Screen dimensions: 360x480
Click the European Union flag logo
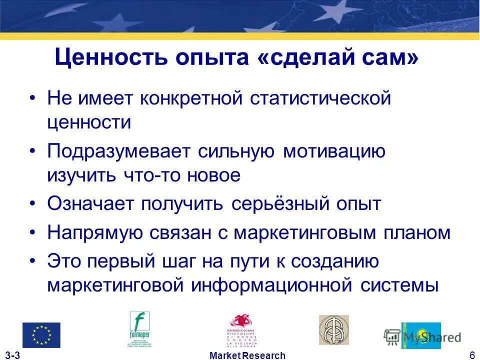pyautogui.click(x=41, y=335)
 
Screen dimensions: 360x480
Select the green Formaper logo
pyautogui.click(x=140, y=329)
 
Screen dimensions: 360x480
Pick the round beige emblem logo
pyautogui.click(x=333, y=329)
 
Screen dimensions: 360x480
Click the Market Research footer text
pyautogui.click(x=247, y=355)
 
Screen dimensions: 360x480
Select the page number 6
pyautogui.click(x=472, y=355)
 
